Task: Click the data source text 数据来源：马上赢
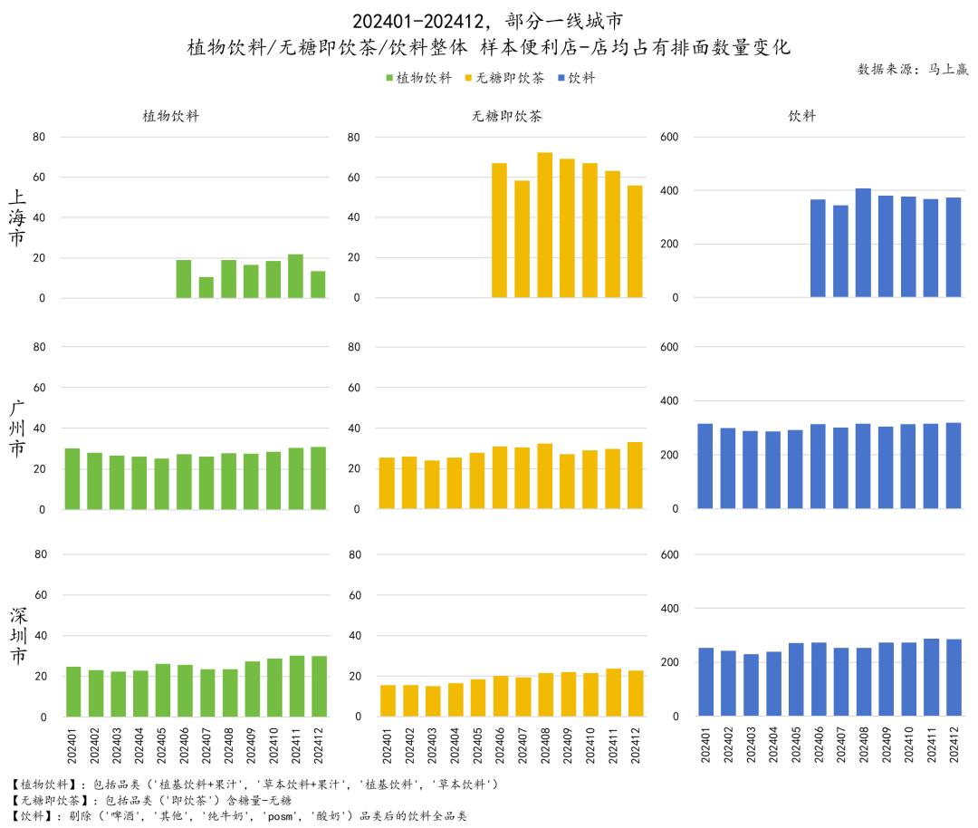point(912,69)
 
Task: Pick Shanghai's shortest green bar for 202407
point(206,287)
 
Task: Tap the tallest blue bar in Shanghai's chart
point(863,243)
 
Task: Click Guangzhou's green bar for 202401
point(72,478)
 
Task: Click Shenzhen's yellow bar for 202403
point(433,700)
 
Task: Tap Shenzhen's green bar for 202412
point(318,686)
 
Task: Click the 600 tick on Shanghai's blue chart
point(674,137)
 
